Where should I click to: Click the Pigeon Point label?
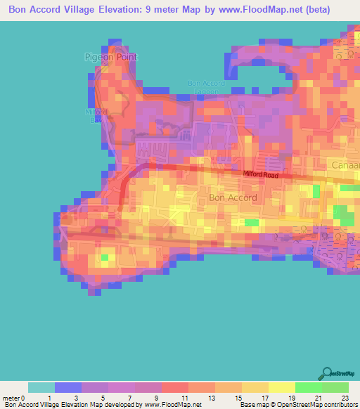110,57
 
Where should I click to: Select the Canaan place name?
345,164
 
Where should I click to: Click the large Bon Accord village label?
233,197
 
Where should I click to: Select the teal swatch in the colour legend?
41,387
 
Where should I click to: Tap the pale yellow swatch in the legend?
282,387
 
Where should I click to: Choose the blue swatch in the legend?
68,387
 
